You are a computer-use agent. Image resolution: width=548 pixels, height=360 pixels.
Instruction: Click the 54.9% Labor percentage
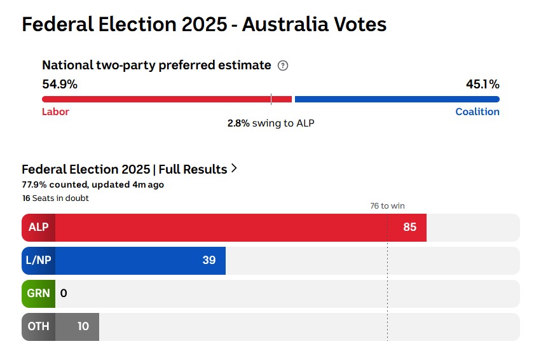pyautogui.click(x=60, y=84)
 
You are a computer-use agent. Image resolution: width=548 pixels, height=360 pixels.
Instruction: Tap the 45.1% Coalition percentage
pyautogui.click(x=483, y=84)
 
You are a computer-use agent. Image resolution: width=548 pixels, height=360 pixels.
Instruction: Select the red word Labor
pyautogui.click(x=55, y=112)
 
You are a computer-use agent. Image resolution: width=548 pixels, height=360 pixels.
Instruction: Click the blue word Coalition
pyautogui.click(x=477, y=112)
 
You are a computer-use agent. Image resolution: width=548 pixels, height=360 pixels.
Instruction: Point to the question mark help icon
pyautogui.click(x=284, y=66)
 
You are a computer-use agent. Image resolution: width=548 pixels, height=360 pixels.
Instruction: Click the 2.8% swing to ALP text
pyautogui.click(x=271, y=123)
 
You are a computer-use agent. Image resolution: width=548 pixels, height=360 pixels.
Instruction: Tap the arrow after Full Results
pyautogui.click(x=235, y=169)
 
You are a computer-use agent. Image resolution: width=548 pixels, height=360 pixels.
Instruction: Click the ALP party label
pyautogui.click(x=38, y=227)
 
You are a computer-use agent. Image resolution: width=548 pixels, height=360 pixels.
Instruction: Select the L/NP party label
pyautogui.click(x=38, y=260)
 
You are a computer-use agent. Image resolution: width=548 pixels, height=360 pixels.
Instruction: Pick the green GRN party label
pyautogui.click(x=38, y=293)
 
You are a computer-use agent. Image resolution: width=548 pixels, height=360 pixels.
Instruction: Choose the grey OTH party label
pyautogui.click(x=38, y=326)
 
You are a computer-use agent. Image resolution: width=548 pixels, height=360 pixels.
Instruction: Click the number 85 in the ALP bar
pyautogui.click(x=409, y=227)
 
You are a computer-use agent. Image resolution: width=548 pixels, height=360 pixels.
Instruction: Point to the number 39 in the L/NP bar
pyautogui.click(x=209, y=260)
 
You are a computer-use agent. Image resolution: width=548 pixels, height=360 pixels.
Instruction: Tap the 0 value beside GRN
pyautogui.click(x=64, y=293)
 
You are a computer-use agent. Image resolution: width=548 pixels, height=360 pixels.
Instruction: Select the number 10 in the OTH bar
pyautogui.click(x=83, y=326)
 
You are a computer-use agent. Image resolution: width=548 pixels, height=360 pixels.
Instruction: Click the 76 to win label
pyautogui.click(x=387, y=205)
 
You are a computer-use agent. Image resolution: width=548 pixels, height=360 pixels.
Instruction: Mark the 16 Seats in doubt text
pyautogui.click(x=55, y=198)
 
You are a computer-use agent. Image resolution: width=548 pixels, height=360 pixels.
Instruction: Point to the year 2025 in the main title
pyautogui.click(x=203, y=24)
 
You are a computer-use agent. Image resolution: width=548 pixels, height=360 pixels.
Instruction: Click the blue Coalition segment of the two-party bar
pyautogui.click(x=397, y=99)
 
